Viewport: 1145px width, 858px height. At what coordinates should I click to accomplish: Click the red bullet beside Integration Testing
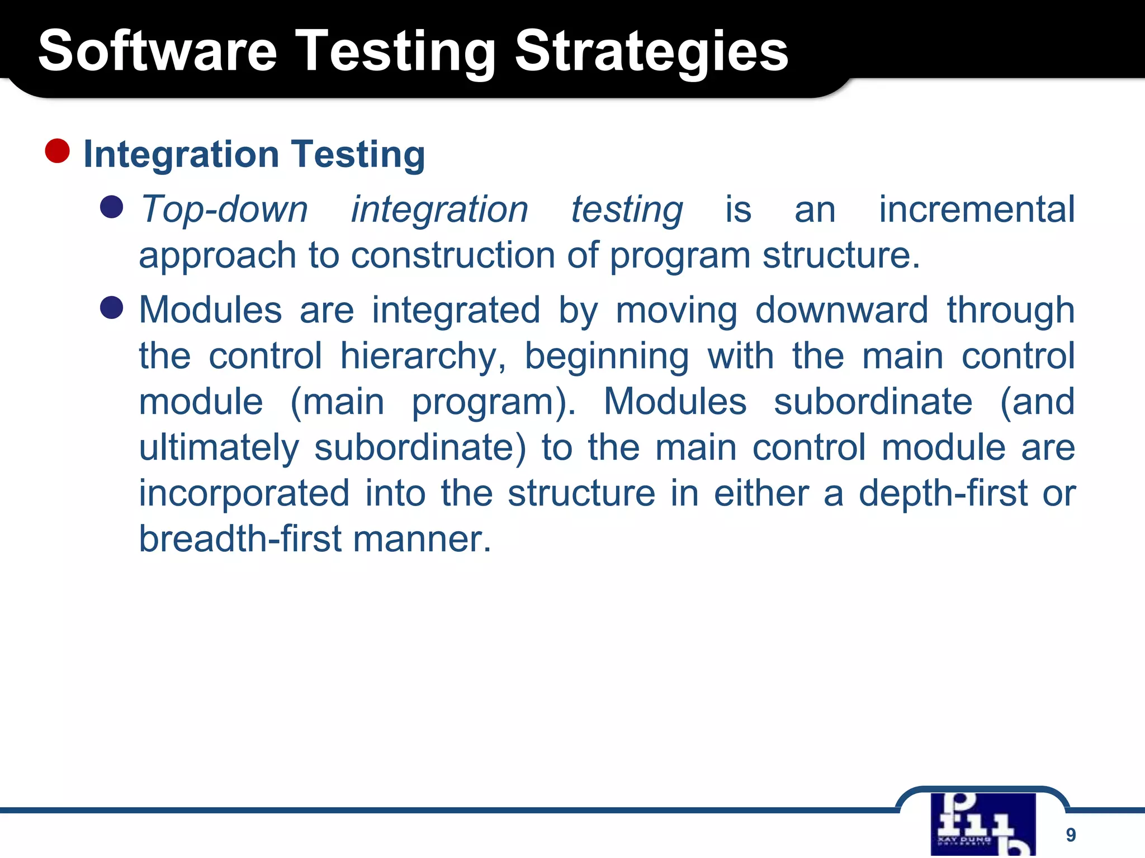[x=57, y=151]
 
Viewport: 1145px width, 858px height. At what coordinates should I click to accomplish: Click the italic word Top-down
[x=224, y=209]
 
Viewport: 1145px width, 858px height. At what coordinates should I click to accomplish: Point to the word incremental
[x=977, y=209]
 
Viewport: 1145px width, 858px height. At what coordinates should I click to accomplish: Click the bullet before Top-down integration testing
[x=111, y=207]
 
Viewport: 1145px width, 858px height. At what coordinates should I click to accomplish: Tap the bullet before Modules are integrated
[x=111, y=308]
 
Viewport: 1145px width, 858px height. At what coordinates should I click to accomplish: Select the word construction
[x=453, y=255]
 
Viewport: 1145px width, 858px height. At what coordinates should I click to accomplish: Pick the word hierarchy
[x=423, y=356]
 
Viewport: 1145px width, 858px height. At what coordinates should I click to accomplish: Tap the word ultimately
[x=219, y=447]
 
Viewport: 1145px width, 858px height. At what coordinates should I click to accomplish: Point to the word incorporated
[x=244, y=493]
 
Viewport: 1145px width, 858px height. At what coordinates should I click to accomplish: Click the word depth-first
[x=943, y=493]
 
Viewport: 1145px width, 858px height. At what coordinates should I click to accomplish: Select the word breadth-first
[x=240, y=539]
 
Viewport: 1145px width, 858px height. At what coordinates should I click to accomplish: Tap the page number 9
[x=1070, y=835]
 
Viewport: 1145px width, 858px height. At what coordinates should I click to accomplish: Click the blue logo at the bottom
[x=983, y=823]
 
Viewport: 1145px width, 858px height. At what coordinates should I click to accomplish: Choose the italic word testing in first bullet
[x=626, y=209]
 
